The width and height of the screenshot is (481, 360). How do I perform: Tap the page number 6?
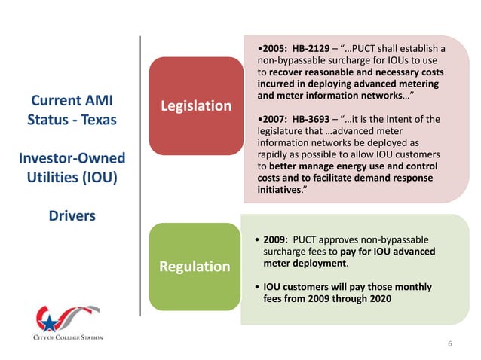point(450,344)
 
